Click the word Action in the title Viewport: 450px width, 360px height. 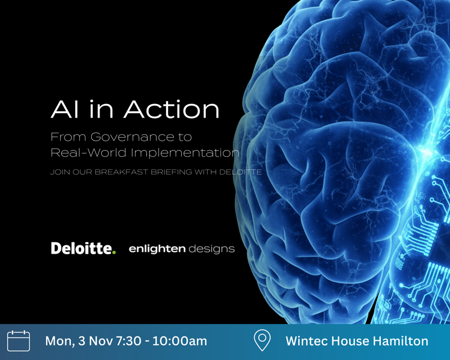pyautogui.click(x=172, y=109)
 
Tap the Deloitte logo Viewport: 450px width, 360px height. pyautogui.click(x=82, y=248)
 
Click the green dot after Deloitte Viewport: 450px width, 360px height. pyautogui.click(x=114, y=252)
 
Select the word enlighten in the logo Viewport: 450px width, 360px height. pyautogui.click(x=157, y=248)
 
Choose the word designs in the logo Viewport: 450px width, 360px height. pyautogui.click(x=211, y=248)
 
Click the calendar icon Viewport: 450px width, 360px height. pyautogui.click(x=19, y=341)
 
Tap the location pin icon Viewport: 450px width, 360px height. pyautogui.click(x=262, y=340)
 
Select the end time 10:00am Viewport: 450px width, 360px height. pyautogui.click(x=183, y=341)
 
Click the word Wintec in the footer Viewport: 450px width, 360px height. pyautogui.click(x=307, y=341)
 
